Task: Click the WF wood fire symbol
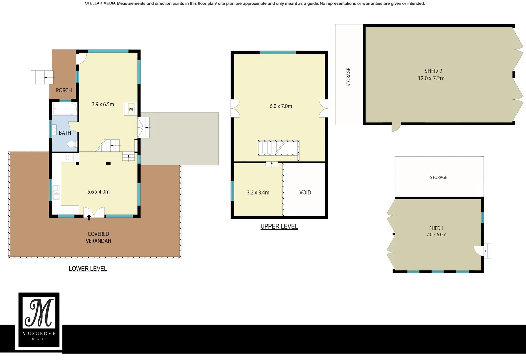coord(131,109)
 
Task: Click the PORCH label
coord(64,90)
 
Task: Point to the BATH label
coord(65,133)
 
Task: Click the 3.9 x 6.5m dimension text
coord(103,104)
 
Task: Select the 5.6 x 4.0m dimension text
coord(98,192)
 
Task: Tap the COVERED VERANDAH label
coord(98,237)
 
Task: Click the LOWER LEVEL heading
coord(88,269)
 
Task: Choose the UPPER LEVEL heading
coord(279,226)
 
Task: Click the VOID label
coord(305,193)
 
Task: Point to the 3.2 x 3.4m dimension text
coord(258,193)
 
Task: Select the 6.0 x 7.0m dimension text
coord(281,106)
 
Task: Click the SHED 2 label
coord(433,71)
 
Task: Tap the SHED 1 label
coord(436,228)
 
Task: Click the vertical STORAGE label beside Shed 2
coord(349,77)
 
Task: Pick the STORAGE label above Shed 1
coord(438,177)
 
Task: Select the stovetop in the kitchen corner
coord(69,157)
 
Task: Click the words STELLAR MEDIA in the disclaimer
coord(100,3)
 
